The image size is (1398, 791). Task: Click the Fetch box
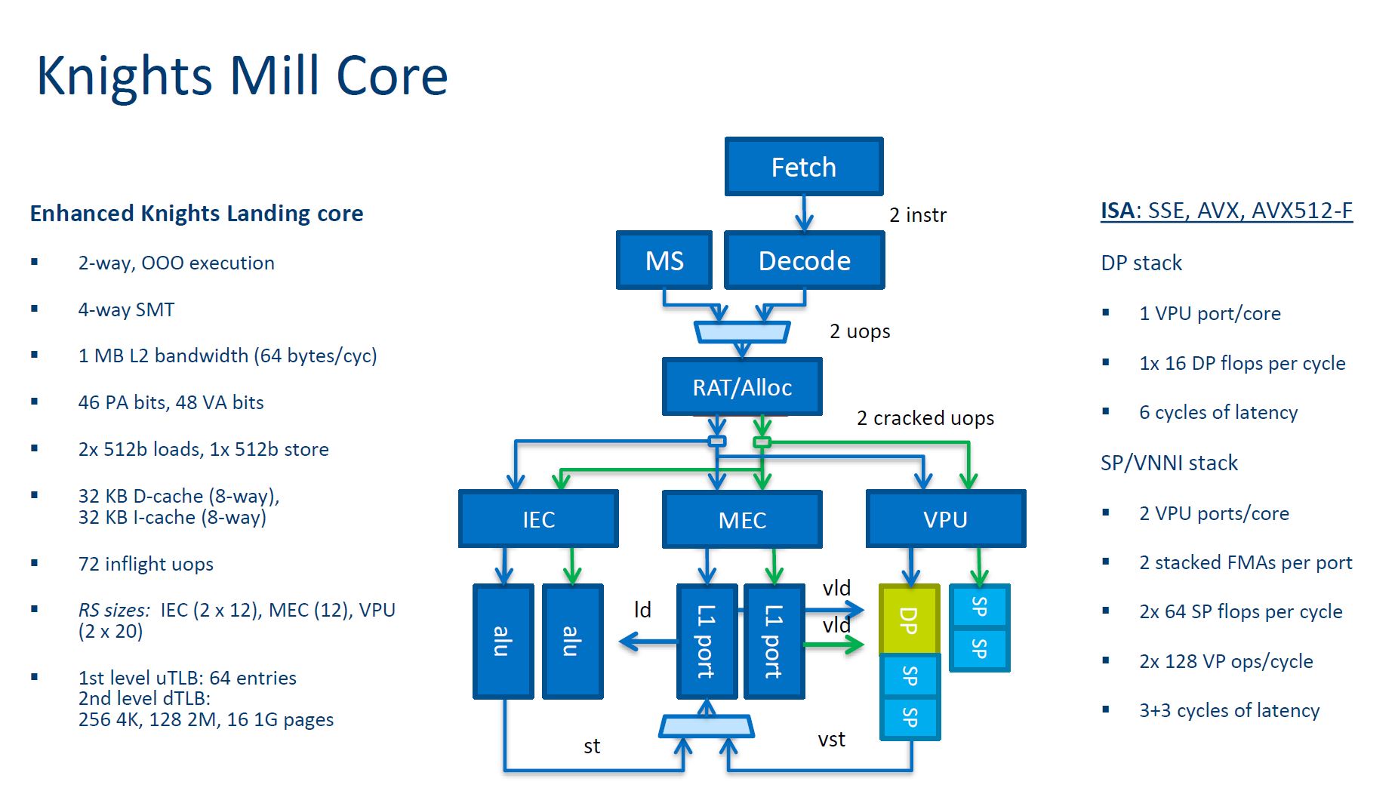coord(804,167)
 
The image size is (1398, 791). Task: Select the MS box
coord(664,260)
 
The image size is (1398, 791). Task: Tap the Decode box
coord(804,260)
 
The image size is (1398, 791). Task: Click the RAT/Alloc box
coord(742,387)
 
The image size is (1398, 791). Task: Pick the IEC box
coord(538,519)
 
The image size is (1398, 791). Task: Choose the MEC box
coord(742,519)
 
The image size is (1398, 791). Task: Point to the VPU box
coord(945,519)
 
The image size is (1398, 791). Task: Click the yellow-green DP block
coord(910,620)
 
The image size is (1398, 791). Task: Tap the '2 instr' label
coord(917,215)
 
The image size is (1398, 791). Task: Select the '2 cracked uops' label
coord(925,418)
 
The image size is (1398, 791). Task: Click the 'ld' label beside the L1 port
coord(642,610)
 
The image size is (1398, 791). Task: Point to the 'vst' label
coord(831,740)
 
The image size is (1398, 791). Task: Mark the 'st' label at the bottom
coord(592,746)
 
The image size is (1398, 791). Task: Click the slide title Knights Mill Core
coord(242,76)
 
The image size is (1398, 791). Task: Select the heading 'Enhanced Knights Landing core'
coord(196,214)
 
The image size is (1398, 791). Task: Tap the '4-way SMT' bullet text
coord(126,309)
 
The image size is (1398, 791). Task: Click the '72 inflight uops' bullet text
coord(146,564)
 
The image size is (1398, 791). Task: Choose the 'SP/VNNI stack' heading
coord(1169,463)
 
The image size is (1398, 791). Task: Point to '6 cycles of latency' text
coord(1218,412)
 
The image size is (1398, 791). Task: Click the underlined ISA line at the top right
coord(1226,211)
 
